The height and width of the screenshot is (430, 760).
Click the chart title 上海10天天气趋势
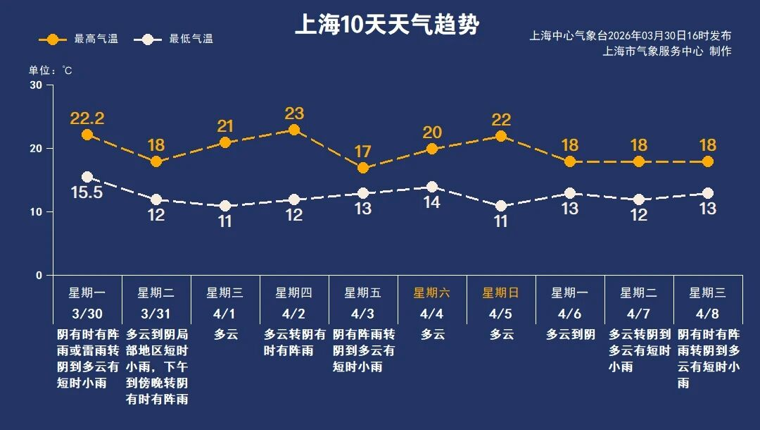pos(386,25)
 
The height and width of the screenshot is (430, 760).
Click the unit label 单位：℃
pos(50,70)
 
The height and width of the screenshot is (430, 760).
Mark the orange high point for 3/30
pos(87,135)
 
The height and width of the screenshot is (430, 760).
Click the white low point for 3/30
pos(87,177)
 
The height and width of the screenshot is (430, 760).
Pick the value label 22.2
pos(87,118)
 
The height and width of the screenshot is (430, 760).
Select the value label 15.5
pos(87,192)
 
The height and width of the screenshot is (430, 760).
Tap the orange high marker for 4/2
pos(294,130)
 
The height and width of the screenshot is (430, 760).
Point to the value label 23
pos(294,113)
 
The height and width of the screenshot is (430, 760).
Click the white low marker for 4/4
pos(432,187)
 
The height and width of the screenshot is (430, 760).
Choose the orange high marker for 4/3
pos(363,168)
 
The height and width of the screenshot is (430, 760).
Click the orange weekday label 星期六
pos(432,293)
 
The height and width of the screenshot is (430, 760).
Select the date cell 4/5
pos(501,312)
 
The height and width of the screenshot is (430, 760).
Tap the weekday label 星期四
pos(294,293)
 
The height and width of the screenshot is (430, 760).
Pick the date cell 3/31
pos(156,312)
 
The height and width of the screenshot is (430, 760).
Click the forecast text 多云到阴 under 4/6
pos(570,335)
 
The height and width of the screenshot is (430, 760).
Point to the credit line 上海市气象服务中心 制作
pos(667,51)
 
